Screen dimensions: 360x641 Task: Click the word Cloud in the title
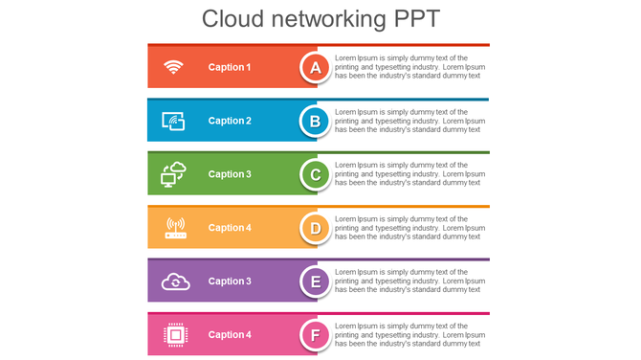[x=232, y=19]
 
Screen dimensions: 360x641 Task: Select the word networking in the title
[x=321, y=19]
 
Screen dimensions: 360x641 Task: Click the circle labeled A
[x=316, y=67]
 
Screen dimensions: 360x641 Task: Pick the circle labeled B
[x=316, y=121]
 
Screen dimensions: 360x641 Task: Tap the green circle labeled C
[x=316, y=174]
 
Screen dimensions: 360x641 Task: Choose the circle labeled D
[x=316, y=228]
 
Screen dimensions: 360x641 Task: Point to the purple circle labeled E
[x=316, y=281]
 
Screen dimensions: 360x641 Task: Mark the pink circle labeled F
[x=316, y=335]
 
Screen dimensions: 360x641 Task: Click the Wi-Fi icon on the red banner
[x=173, y=67]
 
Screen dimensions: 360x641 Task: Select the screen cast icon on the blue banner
[x=173, y=121]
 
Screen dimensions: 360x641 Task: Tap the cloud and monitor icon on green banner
[x=173, y=174]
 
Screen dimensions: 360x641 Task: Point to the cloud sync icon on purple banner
[x=175, y=281]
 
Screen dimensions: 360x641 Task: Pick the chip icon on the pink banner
[x=175, y=334]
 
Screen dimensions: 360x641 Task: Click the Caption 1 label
[x=230, y=67]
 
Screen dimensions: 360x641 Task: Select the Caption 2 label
[x=230, y=121]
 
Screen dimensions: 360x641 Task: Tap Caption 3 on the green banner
[x=230, y=174]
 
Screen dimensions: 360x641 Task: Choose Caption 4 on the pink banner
[x=230, y=335]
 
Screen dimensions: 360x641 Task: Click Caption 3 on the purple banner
[x=230, y=281]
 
